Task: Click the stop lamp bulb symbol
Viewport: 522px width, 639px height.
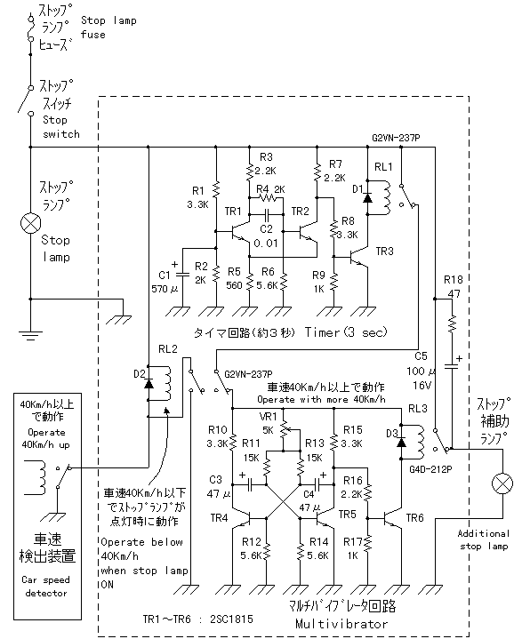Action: (30, 223)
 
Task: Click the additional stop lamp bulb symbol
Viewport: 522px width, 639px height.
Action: (502, 483)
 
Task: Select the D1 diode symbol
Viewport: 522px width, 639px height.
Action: (367, 197)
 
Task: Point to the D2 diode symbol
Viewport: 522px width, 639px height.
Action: (149, 383)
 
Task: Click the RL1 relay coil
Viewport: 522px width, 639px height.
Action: (384, 197)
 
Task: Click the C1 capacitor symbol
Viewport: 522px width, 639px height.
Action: (182, 275)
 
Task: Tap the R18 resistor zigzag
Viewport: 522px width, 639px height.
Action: (452, 324)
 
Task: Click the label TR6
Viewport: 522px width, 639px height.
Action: (414, 517)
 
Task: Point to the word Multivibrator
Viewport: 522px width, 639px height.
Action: (341, 624)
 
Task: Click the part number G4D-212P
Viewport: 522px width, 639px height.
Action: (430, 469)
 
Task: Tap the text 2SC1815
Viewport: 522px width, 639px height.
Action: (231, 619)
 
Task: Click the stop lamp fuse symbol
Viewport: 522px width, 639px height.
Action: (30, 28)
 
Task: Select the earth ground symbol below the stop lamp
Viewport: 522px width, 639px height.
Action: (30, 335)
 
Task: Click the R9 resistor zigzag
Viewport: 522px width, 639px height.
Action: (334, 281)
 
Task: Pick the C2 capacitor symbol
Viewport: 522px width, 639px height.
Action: (267, 213)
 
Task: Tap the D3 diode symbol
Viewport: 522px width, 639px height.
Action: (402, 442)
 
